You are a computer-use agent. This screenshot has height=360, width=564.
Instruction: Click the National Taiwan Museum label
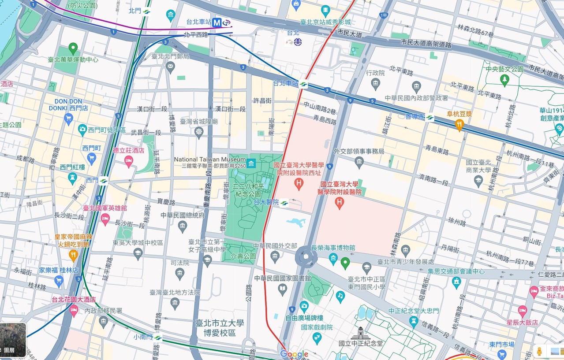pyautogui.click(x=210, y=160)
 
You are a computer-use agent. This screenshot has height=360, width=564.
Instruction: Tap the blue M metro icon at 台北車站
pyautogui.click(x=217, y=22)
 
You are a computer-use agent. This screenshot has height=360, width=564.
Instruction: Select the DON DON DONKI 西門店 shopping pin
pyautogui.click(x=68, y=118)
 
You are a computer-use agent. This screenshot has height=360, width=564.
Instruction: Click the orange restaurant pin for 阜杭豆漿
pyautogui.click(x=459, y=125)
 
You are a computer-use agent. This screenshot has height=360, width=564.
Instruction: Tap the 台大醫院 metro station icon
pyautogui.click(x=284, y=203)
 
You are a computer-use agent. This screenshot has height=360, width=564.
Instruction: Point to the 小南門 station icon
pyautogui.click(x=157, y=338)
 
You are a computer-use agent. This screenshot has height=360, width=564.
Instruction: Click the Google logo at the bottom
pyautogui.click(x=294, y=354)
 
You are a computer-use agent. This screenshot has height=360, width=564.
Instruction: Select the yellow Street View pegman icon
pyautogui.click(x=538, y=352)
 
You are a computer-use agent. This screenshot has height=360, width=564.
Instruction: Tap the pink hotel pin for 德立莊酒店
pyautogui.click(x=128, y=161)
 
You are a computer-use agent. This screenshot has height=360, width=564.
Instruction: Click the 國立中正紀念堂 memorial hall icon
pyautogui.click(x=361, y=333)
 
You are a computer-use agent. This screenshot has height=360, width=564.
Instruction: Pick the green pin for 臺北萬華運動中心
pyautogui.click(x=73, y=48)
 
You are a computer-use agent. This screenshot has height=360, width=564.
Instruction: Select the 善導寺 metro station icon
pyautogui.click(x=430, y=118)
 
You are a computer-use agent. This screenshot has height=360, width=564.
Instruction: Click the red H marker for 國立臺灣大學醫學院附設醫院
pyautogui.click(x=339, y=203)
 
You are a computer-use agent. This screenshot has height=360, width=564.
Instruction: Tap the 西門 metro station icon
pyautogui.click(x=104, y=180)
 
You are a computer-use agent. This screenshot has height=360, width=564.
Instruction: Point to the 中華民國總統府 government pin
pyautogui.click(x=183, y=226)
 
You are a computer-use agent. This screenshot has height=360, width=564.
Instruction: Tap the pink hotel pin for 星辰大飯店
pyautogui.click(x=523, y=311)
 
